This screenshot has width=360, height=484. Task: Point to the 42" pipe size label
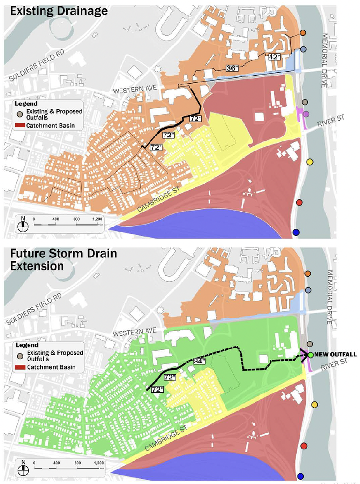(x=275, y=56)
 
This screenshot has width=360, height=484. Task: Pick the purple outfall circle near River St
(x=306, y=114)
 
